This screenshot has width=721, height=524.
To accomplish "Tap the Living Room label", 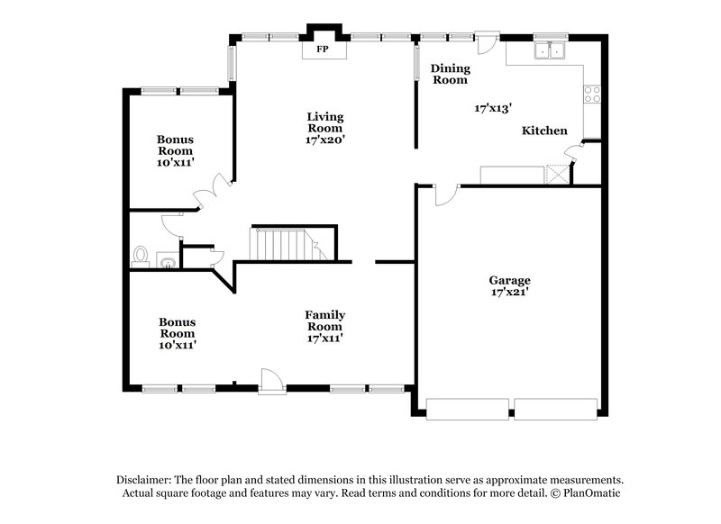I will [x=324, y=122].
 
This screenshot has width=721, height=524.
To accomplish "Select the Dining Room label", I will [x=449, y=74].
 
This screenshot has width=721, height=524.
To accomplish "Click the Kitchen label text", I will [x=545, y=131].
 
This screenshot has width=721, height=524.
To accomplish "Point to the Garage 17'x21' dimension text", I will [x=509, y=293].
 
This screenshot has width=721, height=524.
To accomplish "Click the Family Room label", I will [x=325, y=321].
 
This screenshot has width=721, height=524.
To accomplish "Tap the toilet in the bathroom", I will [x=141, y=256].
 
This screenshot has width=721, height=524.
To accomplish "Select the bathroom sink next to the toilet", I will [x=169, y=262].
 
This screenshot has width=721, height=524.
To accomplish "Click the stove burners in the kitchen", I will [x=593, y=92].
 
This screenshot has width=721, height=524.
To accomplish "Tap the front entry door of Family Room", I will [x=271, y=382].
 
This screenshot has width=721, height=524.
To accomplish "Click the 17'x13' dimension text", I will [x=493, y=108].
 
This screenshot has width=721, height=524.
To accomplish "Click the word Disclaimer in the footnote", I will [x=146, y=480].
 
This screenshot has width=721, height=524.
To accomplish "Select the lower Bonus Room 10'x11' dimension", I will [x=178, y=344].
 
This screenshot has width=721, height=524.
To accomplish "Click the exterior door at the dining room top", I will [x=487, y=42].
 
